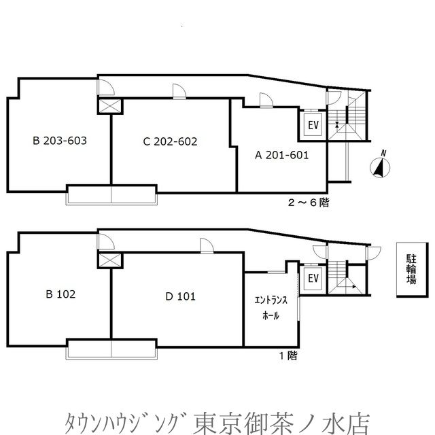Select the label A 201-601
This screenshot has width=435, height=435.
(281, 154)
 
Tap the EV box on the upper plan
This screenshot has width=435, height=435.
(313, 125)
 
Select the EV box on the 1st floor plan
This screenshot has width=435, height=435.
(313, 279)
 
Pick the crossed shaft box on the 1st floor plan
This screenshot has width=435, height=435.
(111, 259)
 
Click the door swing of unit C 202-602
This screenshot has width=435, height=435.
(179, 92)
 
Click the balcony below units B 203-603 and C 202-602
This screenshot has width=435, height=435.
(111, 195)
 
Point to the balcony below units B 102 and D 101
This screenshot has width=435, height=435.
(111, 349)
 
